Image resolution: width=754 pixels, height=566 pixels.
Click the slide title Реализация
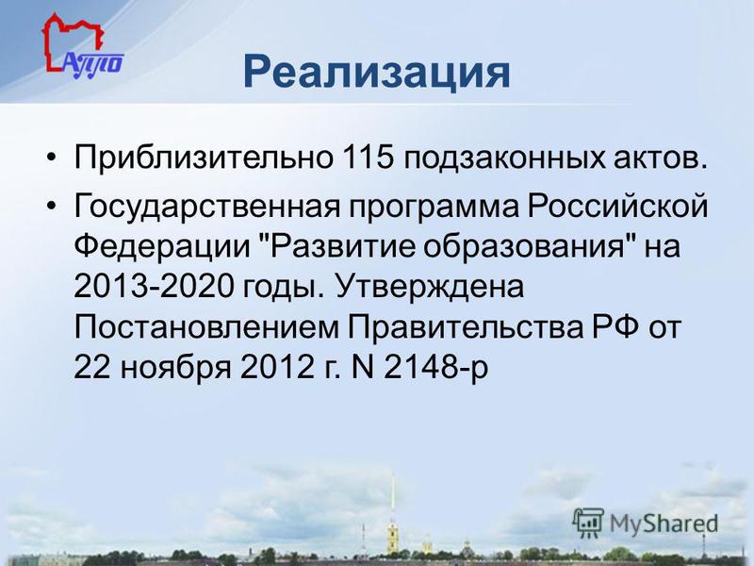[376, 74]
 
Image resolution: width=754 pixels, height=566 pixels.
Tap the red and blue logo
[83, 46]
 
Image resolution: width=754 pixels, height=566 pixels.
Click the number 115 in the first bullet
[368, 157]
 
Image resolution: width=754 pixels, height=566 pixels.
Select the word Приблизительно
[204, 158]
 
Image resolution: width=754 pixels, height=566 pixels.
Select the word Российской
[618, 206]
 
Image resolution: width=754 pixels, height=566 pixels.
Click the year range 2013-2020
[154, 287]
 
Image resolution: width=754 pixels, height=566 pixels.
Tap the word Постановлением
[206, 327]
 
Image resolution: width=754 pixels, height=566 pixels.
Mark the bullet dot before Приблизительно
[52, 158]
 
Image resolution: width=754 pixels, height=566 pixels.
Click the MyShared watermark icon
[587, 524]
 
